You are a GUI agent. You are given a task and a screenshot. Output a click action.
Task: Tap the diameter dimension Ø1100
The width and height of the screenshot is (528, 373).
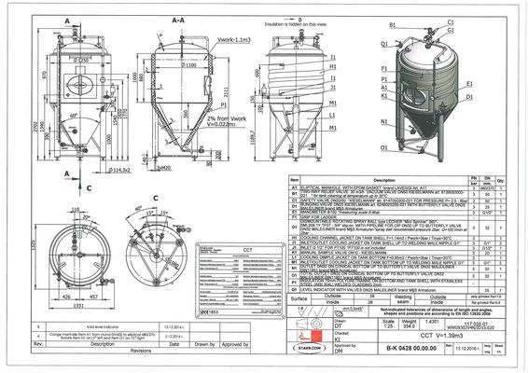point(188,67)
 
